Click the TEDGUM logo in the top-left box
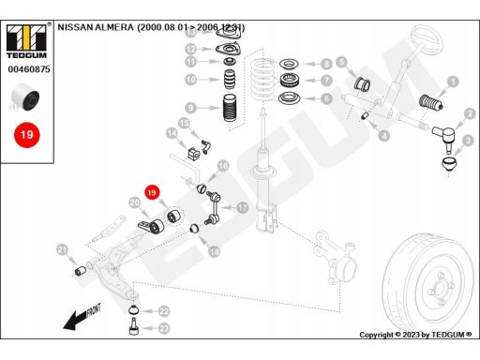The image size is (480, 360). [26, 41]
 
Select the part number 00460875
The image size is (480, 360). [29, 69]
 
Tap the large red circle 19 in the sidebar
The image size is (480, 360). [27, 135]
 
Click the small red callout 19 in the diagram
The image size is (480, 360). [152, 192]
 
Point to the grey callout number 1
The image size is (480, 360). [453, 82]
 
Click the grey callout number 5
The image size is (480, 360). [341, 62]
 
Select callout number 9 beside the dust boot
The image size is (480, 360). [190, 108]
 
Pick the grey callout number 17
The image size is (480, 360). [243, 207]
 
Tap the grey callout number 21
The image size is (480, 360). [63, 250]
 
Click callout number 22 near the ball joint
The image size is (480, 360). [164, 311]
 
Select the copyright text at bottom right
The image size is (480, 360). [415, 335]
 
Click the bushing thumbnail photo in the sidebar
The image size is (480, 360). [25, 97]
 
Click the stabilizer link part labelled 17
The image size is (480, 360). [213, 208]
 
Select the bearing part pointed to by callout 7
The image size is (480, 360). [290, 81]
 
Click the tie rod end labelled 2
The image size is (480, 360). [445, 136]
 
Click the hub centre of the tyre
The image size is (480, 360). [440, 289]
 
